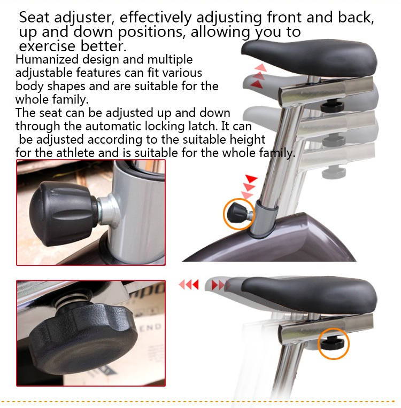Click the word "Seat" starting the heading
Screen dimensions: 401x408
coord(34,18)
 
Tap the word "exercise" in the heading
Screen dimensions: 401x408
coord(48,46)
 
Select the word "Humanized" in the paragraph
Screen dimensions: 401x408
coord(47,59)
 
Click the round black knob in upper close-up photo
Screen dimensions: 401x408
coord(64,214)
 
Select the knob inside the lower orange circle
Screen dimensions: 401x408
coord(331,343)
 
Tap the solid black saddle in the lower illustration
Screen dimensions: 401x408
coord(310,293)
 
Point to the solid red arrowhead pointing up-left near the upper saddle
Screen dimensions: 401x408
coord(257,84)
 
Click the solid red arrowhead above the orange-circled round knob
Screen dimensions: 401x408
coord(251,179)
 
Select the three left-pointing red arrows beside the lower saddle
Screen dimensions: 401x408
coord(189,285)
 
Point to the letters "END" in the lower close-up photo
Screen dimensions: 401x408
coord(151,327)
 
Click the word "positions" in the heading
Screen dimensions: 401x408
coord(152,32)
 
